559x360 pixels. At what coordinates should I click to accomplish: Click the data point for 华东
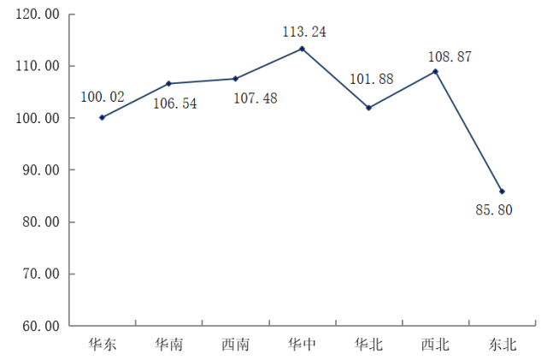102,117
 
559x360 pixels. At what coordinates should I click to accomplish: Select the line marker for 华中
302,48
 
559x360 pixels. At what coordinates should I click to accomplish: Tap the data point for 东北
502,192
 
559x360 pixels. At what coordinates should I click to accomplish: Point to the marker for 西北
435,71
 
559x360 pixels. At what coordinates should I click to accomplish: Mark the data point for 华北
368,108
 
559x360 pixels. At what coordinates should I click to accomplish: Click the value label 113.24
304,32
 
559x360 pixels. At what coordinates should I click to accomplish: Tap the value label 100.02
102,97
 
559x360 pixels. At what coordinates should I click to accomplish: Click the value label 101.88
371,80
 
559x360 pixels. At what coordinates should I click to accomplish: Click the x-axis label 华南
168,345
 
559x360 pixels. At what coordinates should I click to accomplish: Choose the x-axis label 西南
235,345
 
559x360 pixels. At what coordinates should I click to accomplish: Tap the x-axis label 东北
502,345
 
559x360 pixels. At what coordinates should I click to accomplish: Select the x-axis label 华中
302,345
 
